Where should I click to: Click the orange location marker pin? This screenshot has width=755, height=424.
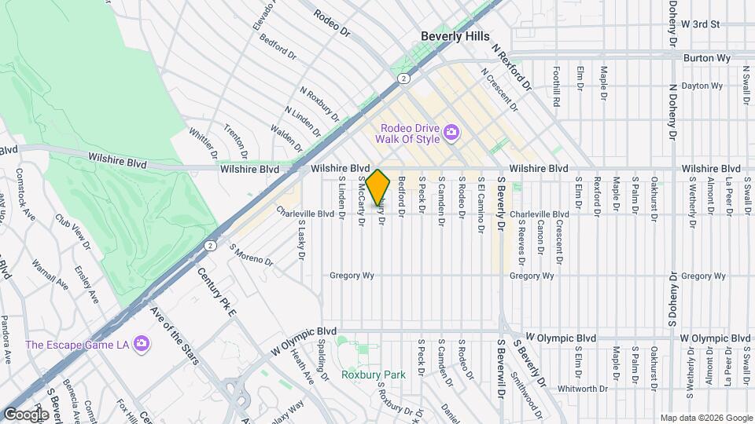click(x=378, y=188)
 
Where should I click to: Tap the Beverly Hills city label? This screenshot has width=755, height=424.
click(x=455, y=36)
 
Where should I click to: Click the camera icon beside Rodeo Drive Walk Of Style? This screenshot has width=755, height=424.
click(x=451, y=132)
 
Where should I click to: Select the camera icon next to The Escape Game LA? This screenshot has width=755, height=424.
click(x=141, y=343)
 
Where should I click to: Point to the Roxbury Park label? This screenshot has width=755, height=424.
click(x=374, y=375)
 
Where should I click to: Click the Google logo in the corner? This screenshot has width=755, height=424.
click(x=26, y=414)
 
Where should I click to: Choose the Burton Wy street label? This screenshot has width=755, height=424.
click(x=707, y=58)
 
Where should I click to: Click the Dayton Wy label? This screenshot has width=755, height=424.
click(x=702, y=86)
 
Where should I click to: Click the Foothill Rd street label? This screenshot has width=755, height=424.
click(x=556, y=86)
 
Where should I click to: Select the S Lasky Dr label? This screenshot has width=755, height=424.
click(x=301, y=239)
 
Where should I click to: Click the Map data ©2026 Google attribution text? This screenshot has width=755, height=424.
click(x=705, y=418)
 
